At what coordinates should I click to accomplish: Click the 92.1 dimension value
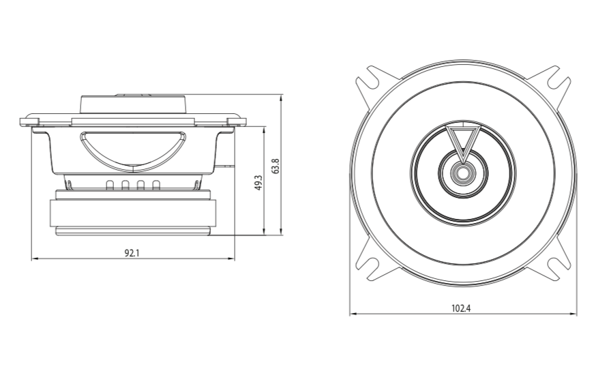pos(132,253)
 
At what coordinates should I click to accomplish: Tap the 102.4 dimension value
pos(462,308)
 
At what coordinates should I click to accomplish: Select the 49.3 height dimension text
pos(258,182)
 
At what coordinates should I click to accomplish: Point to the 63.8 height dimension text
pos(275,166)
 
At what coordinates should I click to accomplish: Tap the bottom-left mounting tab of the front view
pos(368,267)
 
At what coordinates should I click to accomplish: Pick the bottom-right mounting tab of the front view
pos(558,267)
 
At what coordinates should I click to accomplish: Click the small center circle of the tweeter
pos(462,173)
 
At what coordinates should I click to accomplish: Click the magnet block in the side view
pos(132,216)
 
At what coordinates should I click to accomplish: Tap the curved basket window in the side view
pos(134,148)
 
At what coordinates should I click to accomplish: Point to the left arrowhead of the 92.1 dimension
pos(34,259)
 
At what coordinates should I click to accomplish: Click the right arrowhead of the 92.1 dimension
pos(232,259)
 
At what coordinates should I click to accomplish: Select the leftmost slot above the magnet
pos(110,185)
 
